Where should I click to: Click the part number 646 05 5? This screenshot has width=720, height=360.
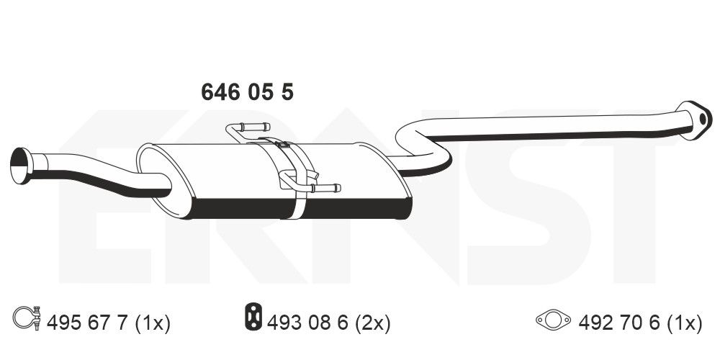(x=246, y=93)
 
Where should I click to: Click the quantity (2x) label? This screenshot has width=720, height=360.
(x=373, y=323)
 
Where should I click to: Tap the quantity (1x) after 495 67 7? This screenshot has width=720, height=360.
(x=153, y=323)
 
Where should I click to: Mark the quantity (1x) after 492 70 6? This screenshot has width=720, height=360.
(x=683, y=323)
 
